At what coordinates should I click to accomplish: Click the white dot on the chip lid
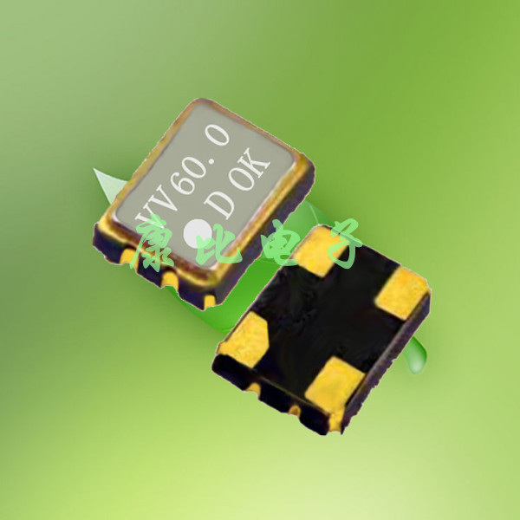pyautogui.click(x=198, y=233)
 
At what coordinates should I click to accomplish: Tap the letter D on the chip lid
pyautogui.click(x=219, y=205)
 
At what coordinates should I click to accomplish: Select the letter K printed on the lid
pyautogui.click(x=257, y=162)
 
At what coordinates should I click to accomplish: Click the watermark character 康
pyautogui.click(x=153, y=241)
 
